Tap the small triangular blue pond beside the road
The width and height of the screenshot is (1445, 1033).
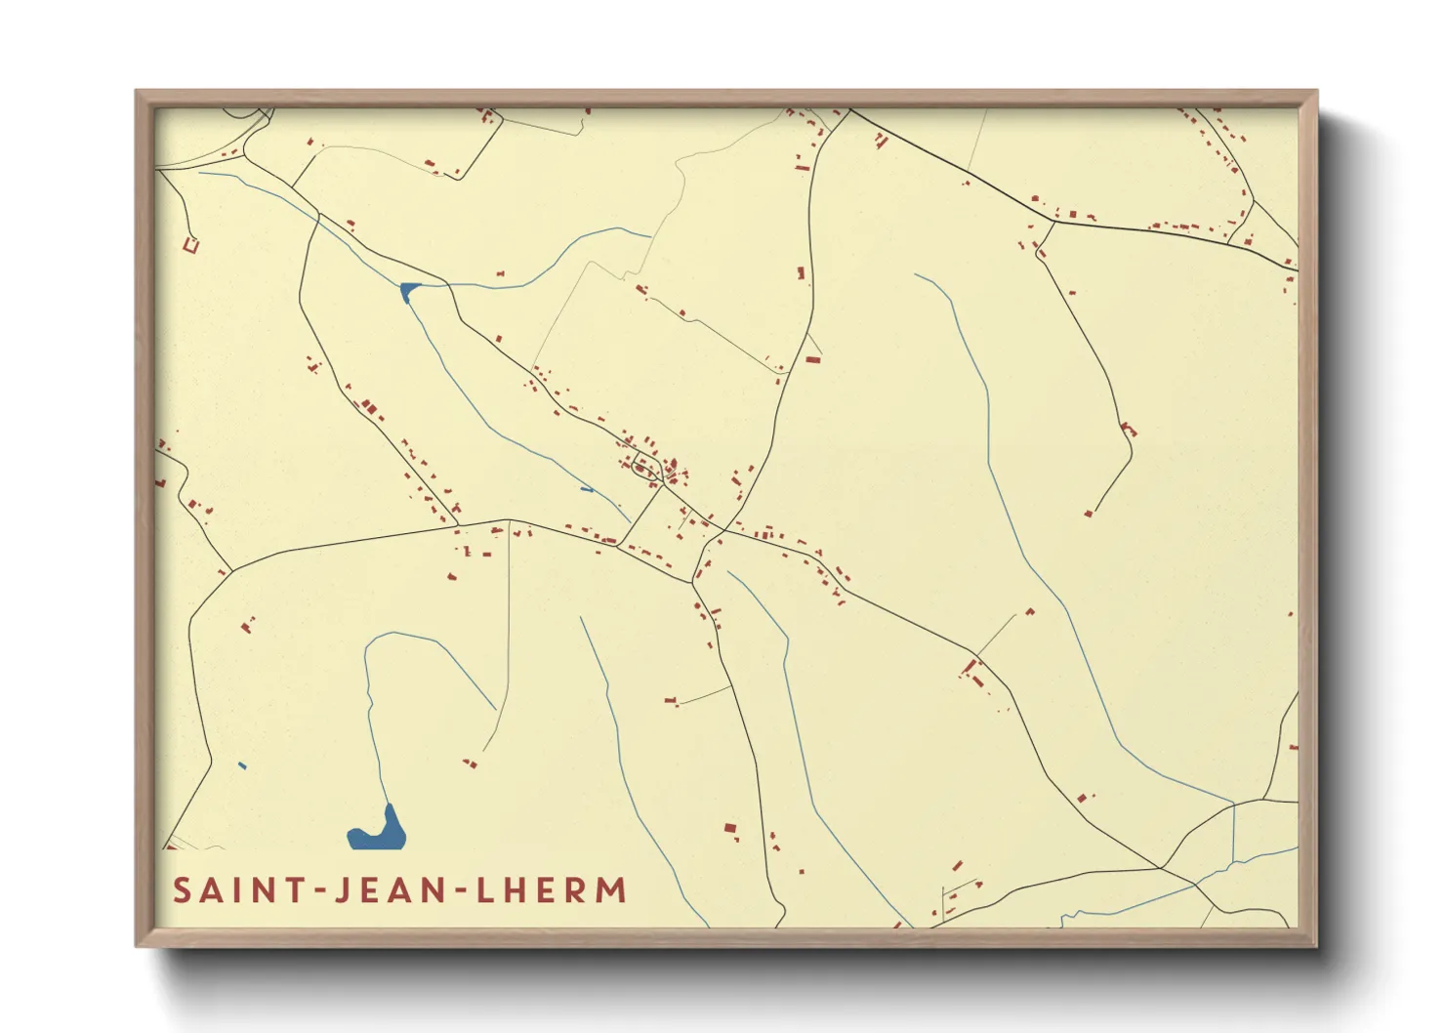click(408, 290)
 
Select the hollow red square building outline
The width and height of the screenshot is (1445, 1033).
click(191, 244)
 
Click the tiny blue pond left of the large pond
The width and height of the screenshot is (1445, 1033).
click(242, 765)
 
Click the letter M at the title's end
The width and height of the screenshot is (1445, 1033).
click(611, 890)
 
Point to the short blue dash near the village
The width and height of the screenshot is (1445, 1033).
click(586, 489)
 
